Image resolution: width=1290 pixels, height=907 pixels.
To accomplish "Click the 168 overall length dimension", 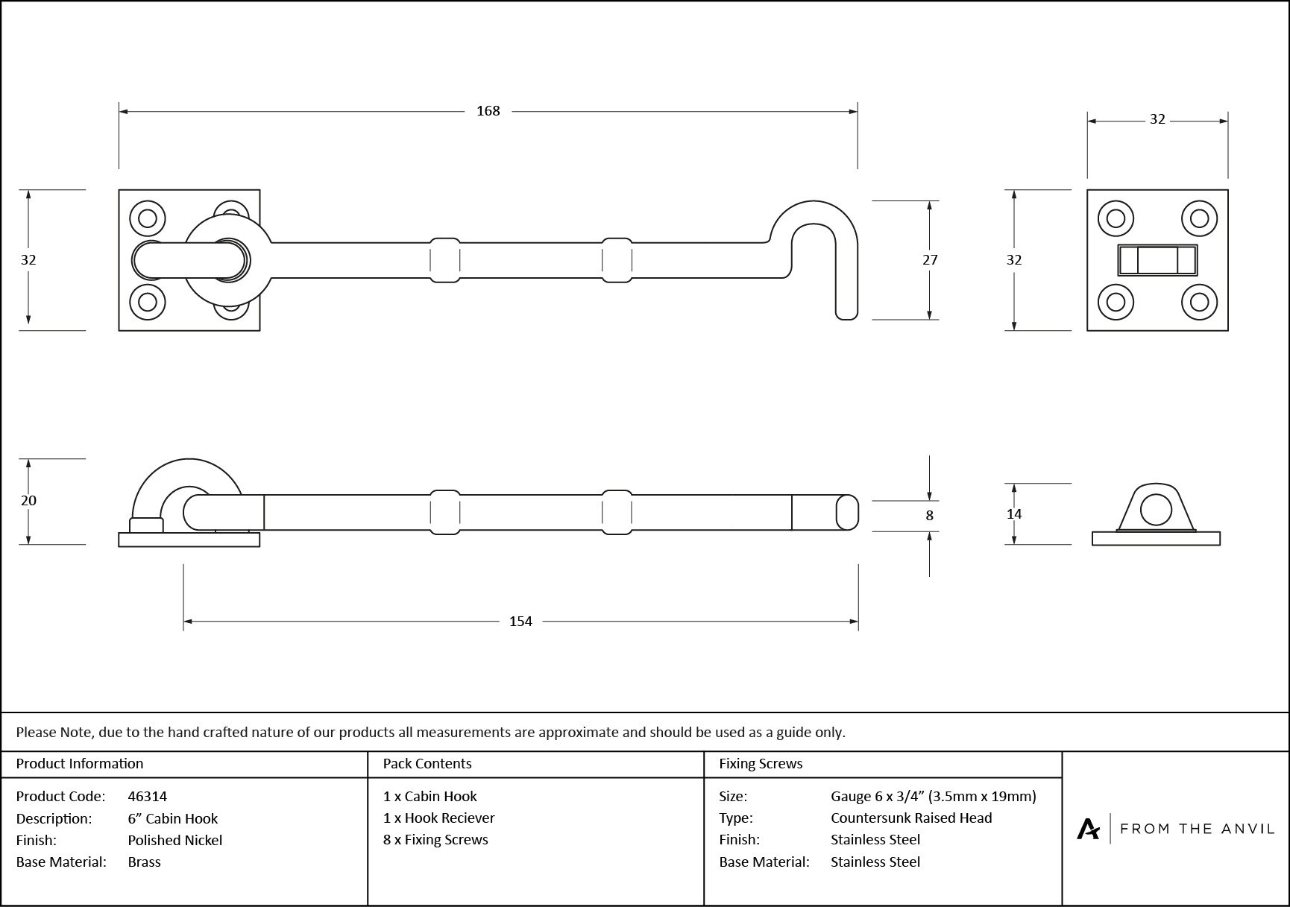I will (488, 111).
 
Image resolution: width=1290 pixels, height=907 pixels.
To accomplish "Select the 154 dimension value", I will (520, 621).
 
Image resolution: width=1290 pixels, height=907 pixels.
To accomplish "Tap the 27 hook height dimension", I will (930, 259).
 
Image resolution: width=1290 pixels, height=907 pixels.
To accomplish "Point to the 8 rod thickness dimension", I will (929, 515).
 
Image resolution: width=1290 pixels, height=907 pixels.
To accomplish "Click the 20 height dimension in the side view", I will (28, 500).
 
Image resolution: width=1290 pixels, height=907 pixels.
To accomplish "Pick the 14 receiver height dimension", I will (1014, 513).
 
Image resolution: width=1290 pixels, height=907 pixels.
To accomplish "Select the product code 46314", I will (147, 796).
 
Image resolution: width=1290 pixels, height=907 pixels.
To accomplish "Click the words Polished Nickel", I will (174, 840).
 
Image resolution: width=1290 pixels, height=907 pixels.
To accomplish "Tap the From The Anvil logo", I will (1175, 828).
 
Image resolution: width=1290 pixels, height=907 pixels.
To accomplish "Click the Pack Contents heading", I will (427, 763).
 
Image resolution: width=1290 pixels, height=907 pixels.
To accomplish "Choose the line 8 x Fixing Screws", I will (435, 839).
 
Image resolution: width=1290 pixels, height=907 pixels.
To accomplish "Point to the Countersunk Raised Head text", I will (911, 818).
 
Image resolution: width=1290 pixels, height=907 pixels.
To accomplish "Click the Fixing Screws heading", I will (760, 763).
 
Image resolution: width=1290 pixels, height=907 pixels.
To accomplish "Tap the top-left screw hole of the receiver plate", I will (1116, 218).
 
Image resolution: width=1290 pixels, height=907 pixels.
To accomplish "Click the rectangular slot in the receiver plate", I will (1157, 261).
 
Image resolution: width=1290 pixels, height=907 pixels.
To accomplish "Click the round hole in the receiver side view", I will (1156, 509).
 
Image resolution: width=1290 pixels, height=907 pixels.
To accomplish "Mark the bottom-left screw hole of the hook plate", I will (147, 302).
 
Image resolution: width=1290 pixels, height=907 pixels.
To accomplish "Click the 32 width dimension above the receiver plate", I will (1157, 119).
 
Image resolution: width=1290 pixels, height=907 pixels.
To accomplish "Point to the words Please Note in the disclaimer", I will (54, 732).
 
